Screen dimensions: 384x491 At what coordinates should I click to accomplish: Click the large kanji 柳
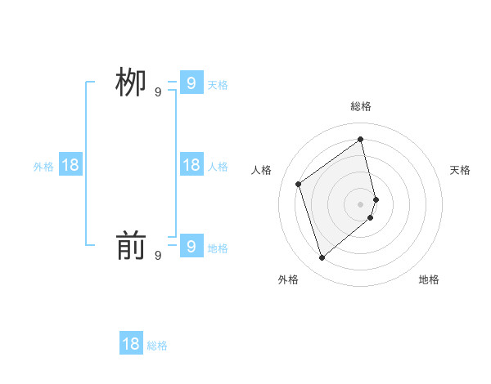tap(131, 83)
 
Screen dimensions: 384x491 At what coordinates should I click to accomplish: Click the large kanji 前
tap(131, 246)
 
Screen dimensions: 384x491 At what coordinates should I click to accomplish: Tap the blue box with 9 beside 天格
tap(191, 83)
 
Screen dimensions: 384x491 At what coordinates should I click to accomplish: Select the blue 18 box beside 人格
tap(191, 165)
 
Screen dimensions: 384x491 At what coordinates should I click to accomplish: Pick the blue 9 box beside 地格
tap(191, 245)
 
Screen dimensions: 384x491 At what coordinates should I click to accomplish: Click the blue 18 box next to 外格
tap(70, 165)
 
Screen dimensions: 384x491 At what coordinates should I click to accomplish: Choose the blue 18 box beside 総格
tap(131, 344)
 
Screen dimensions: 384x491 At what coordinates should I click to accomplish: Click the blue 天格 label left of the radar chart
tap(218, 85)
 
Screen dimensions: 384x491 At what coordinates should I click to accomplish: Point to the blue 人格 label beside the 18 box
tap(218, 167)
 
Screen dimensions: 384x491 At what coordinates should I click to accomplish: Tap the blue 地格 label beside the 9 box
tap(218, 248)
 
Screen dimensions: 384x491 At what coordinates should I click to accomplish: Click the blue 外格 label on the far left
tap(43, 167)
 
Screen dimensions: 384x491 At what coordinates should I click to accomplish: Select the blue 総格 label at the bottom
tap(157, 346)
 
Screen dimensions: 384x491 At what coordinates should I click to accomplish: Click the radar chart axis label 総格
tap(361, 106)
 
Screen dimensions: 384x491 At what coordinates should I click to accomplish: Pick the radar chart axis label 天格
tap(460, 170)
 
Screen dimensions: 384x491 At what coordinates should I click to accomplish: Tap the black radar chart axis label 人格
tap(262, 170)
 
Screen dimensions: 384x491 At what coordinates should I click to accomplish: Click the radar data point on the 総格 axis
tap(361, 139)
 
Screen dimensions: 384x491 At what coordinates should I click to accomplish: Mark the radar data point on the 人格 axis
tap(299, 184)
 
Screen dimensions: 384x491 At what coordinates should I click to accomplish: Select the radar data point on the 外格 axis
tap(322, 258)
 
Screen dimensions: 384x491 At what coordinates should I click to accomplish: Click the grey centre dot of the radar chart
tap(361, 203)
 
